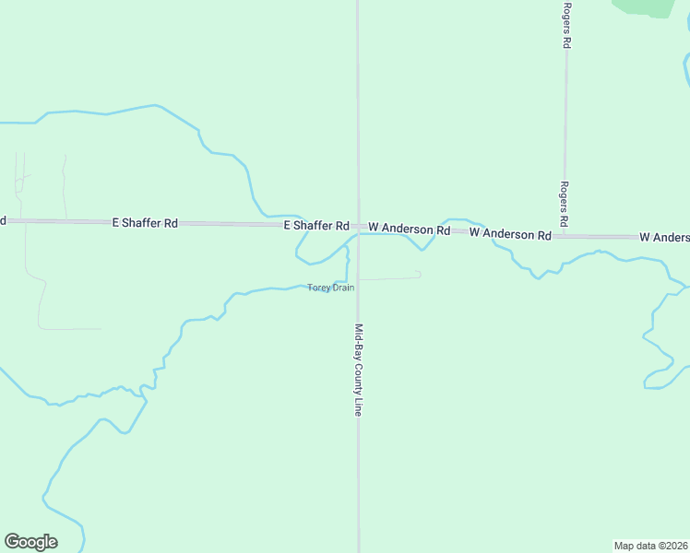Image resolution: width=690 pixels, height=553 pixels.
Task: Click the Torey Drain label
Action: pyautogui.click(x=331, y=288)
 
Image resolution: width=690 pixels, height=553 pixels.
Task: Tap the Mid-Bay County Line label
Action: pyautogui.click(x=358, y=370)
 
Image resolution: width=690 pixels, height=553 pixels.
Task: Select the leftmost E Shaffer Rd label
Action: pyautogui.click(x=145, y=223)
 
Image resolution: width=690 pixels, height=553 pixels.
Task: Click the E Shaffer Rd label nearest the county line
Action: pyautogui.click(x=316, y=226)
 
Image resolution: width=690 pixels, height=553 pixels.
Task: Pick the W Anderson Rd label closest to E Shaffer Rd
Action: pyautogui.click(x=409, y=228)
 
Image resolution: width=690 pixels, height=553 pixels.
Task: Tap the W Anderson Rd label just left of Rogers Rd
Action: pyautogui.click(x=510, y=234)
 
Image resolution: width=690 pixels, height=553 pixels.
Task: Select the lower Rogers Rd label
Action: pyautogui.click(x=565, y=205)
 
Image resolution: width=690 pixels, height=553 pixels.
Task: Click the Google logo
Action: pyautogui.click(x=30, y=542)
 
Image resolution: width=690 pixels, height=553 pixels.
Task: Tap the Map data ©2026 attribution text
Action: pyautogui.click(x=650, y=545)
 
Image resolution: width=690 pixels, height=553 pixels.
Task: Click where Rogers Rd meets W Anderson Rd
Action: pyautogui.click(x=565, y=236)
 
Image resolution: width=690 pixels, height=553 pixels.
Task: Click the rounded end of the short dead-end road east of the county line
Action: pyautogui.click(x=419, y=274)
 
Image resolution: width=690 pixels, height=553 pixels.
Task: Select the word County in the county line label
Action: pyautogui.click(x=358, y=377)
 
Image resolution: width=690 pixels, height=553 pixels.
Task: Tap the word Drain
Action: pyautogui.click(x=342, y=288)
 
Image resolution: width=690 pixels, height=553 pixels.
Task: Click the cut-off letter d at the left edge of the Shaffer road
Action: pyautogui.click(x=3, y=220)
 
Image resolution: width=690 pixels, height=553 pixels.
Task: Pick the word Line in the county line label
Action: pyautogui.click(x=358, y=406)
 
